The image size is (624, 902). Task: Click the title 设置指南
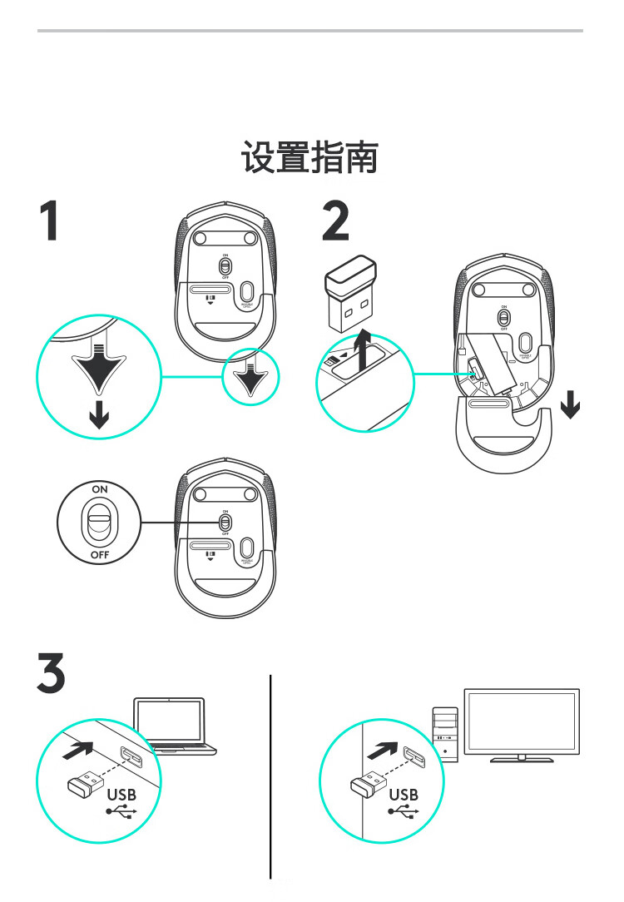click(x=310, y=157)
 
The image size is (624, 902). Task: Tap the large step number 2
click(x=335, y=221)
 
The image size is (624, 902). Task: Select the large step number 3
click(x=52, y=675)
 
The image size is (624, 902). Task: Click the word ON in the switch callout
click(x=100, y=489)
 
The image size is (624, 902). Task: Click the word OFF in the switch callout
click(x=100, y=553)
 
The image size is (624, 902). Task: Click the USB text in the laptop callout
click(x=121, y=794)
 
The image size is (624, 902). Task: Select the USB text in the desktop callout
click(x=404, y=794)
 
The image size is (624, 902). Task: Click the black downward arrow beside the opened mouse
click(x=571, y=406)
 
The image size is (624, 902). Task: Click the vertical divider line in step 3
click(x=271, y=774)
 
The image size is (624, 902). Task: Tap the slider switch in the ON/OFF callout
click(x=100, y=521)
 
